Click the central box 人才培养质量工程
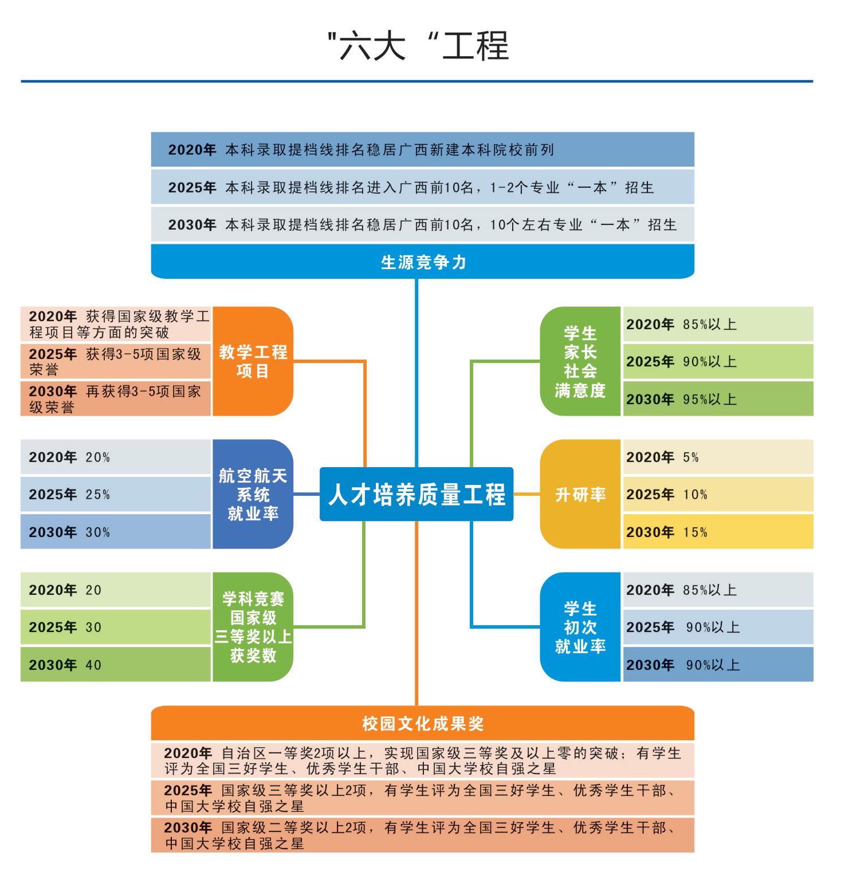[416, 494]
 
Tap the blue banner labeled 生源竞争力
[423, 262]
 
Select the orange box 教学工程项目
[253, 361]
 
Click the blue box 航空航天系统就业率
[253, 494]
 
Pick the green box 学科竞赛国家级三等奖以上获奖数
[253, 627]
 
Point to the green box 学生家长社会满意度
[580, 361]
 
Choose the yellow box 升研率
[580, 494]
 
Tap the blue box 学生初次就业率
[580, 627]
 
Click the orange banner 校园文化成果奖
[423, 723]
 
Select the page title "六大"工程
[418, 46]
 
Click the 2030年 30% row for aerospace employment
[116, 532]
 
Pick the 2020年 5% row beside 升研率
[718, 457]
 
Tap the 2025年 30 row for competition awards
[116, 627]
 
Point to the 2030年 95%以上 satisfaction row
[718, 399]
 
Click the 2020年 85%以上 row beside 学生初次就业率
[718, 590]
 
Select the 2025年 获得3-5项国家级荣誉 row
[116, 361]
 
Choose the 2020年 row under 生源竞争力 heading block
[423, 149]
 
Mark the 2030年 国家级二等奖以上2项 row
[423, 835]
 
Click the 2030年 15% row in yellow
[718, 532]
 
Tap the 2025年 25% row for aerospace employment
[116, 494]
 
